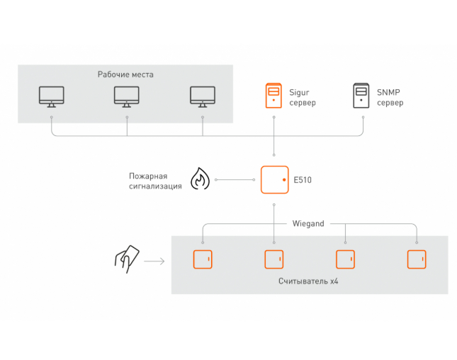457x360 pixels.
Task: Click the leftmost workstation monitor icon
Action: coord(51,96)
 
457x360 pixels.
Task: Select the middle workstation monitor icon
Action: coord(127,96)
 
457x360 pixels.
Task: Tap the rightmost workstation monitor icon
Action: coord(203,96)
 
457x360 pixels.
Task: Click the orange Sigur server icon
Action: coord(273,96)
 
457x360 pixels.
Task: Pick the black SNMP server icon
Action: coord(362,96)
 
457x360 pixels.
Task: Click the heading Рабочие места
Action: coord(125,74)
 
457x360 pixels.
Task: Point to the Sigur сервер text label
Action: coord(302,97)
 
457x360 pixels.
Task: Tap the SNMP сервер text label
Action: coord(390,97)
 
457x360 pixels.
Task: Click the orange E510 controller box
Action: coord(274,180)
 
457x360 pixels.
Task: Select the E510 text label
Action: coord(303,180)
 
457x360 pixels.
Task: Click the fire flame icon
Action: coord(199,179)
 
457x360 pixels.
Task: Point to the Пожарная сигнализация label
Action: coord(155,180)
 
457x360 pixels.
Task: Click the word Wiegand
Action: coord(308,223)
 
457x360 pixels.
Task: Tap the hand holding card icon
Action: coord(128,259)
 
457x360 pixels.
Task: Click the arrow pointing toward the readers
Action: coord(154,261)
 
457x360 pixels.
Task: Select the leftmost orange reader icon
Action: coord(203,259)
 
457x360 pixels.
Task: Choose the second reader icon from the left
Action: coord(273,259)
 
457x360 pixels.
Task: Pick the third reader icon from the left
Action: coord(345,259)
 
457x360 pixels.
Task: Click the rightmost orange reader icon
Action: coord(416,259)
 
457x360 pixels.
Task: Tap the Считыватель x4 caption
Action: coord(309,282)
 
